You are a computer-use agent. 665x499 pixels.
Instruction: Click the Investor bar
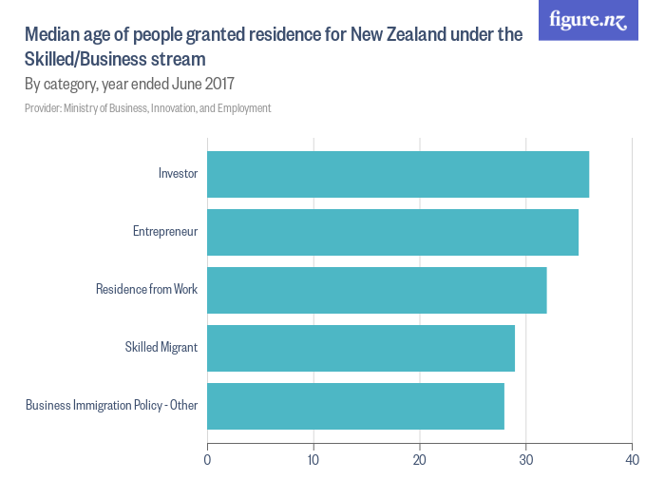click(398, 174)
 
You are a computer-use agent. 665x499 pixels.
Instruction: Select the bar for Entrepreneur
click(392, 232)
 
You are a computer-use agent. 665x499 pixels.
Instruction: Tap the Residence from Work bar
click(377, 290)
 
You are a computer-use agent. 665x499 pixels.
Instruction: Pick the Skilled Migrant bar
click(361, 348)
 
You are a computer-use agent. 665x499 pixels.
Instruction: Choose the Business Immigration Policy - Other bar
click(355, 406)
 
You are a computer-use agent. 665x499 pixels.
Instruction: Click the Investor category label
click(178, 174)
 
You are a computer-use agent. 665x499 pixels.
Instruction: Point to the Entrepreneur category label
click(165, 232)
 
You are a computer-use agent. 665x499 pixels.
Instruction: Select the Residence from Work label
click(146, 290)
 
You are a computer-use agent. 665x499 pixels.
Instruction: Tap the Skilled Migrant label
click(161, 348)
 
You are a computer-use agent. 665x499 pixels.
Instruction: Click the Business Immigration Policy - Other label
click(111, 406)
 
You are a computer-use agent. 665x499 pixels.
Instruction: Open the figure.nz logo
click(589, 20)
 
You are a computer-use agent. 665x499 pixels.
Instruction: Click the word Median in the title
click(51, 36)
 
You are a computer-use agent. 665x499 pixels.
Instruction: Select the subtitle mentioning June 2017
click(129, 84)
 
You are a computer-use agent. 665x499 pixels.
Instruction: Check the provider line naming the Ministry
click(148, 108)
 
